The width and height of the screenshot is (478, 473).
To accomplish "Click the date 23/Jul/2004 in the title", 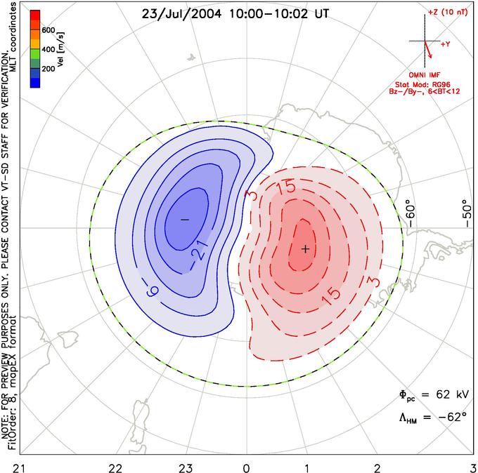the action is tap(181, 14).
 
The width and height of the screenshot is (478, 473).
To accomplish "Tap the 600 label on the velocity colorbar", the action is tap(49, 30).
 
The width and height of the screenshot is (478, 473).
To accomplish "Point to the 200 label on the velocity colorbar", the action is tap(49, 69).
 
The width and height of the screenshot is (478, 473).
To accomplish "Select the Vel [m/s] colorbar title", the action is tap(60, 49).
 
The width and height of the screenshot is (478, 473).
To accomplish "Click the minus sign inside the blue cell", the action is tap(185, 220).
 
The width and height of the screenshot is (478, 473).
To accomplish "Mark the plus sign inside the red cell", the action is tap(306, 249).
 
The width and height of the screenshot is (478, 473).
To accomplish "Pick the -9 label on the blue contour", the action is tap(152, 288).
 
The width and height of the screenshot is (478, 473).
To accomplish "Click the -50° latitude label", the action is tap(467, 213).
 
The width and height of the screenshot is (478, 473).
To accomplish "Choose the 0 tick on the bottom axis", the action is tap(246, 467).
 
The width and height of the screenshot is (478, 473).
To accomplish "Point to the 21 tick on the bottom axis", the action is tap(20, 467).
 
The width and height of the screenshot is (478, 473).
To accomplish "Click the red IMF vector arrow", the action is tap(428, 49).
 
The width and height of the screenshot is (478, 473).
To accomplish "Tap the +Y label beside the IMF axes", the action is tap(446, 44).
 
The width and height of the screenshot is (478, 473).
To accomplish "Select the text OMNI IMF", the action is tap(425, 75).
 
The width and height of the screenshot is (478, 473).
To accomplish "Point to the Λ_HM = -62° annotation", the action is tap(433, 418).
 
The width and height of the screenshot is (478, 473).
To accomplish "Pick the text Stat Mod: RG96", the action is tap(422, 84).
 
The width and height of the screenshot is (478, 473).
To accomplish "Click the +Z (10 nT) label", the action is tap(448, 13).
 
